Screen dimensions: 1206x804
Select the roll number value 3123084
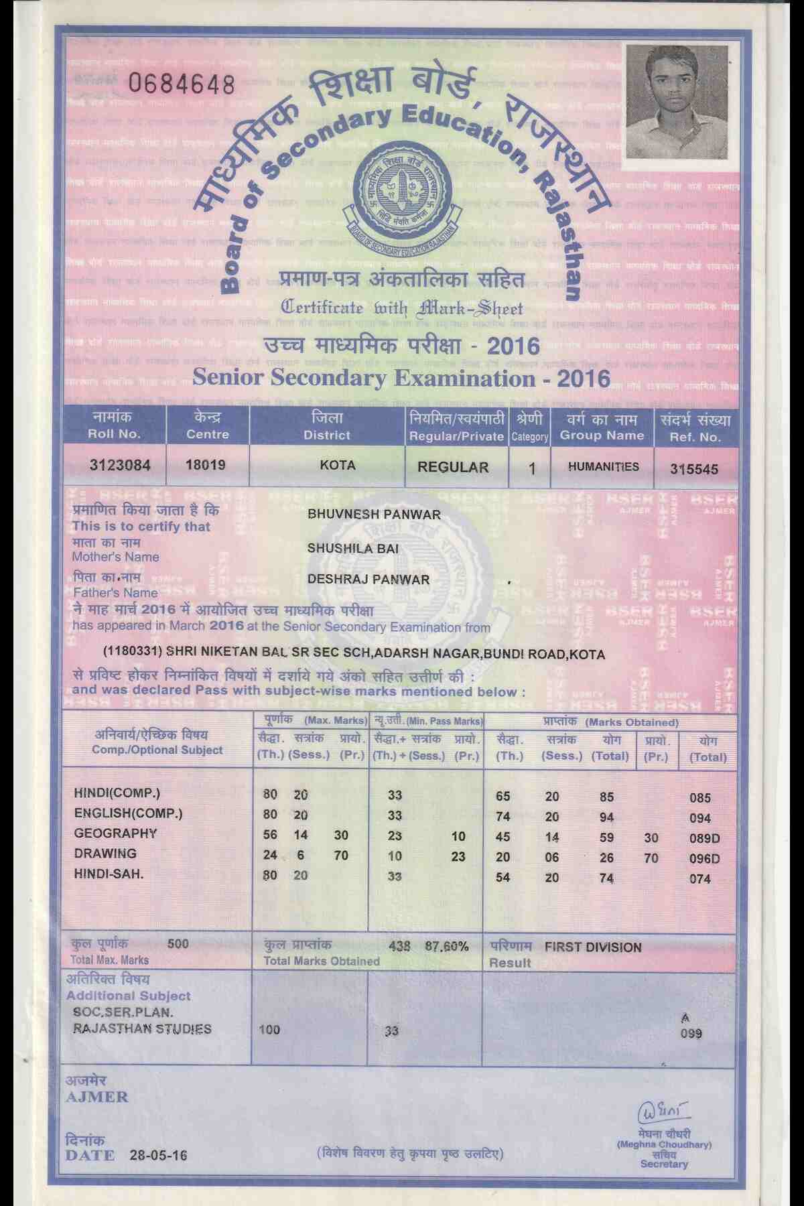click(x=120, y=466)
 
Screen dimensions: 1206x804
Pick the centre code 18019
click(x=205, y=465)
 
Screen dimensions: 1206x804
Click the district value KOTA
click(x=338, y=466)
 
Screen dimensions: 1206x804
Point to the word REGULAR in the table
click(x=453, y=467)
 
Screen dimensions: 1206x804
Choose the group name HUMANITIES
click(x=603, y=467)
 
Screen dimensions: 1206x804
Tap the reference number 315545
click(x=694, y=469)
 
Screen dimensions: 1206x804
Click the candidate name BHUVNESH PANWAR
click(x=374, y=515)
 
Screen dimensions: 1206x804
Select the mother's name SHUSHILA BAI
click(x=353, y=548)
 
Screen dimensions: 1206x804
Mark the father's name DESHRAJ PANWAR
click(x=368, y=580)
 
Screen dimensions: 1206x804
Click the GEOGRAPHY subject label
click(x=115, y=833)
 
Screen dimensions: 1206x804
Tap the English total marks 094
click(x=700, y=818)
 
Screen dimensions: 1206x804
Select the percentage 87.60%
click(x=447, y=947)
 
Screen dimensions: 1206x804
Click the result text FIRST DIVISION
click(x=593, y=947)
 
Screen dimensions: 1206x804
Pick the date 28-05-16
click(x=159, y=1155)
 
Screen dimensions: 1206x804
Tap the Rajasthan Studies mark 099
click(x=691, y=1034)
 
